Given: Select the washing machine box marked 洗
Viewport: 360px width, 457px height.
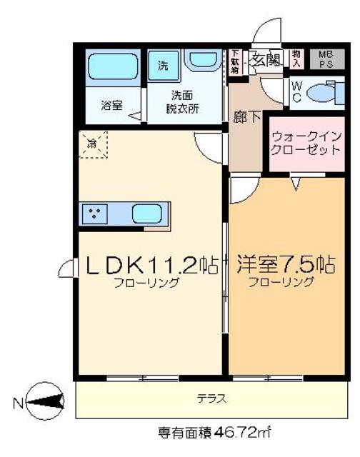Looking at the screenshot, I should click(x=163, y=66).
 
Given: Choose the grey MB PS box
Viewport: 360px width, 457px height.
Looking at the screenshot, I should click(x=325, y=59).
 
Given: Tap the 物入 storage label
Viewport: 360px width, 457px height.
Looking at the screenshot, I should click(x=297, y=59).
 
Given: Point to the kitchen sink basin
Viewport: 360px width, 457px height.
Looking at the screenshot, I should click(x=148, y=212).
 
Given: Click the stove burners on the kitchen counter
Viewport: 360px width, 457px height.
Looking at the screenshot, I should click(x=95, y=212).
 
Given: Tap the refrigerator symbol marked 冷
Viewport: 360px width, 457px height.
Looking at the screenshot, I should click(x=93, y=144).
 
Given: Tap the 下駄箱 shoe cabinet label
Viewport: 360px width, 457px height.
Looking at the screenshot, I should click(x=235, y=61).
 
